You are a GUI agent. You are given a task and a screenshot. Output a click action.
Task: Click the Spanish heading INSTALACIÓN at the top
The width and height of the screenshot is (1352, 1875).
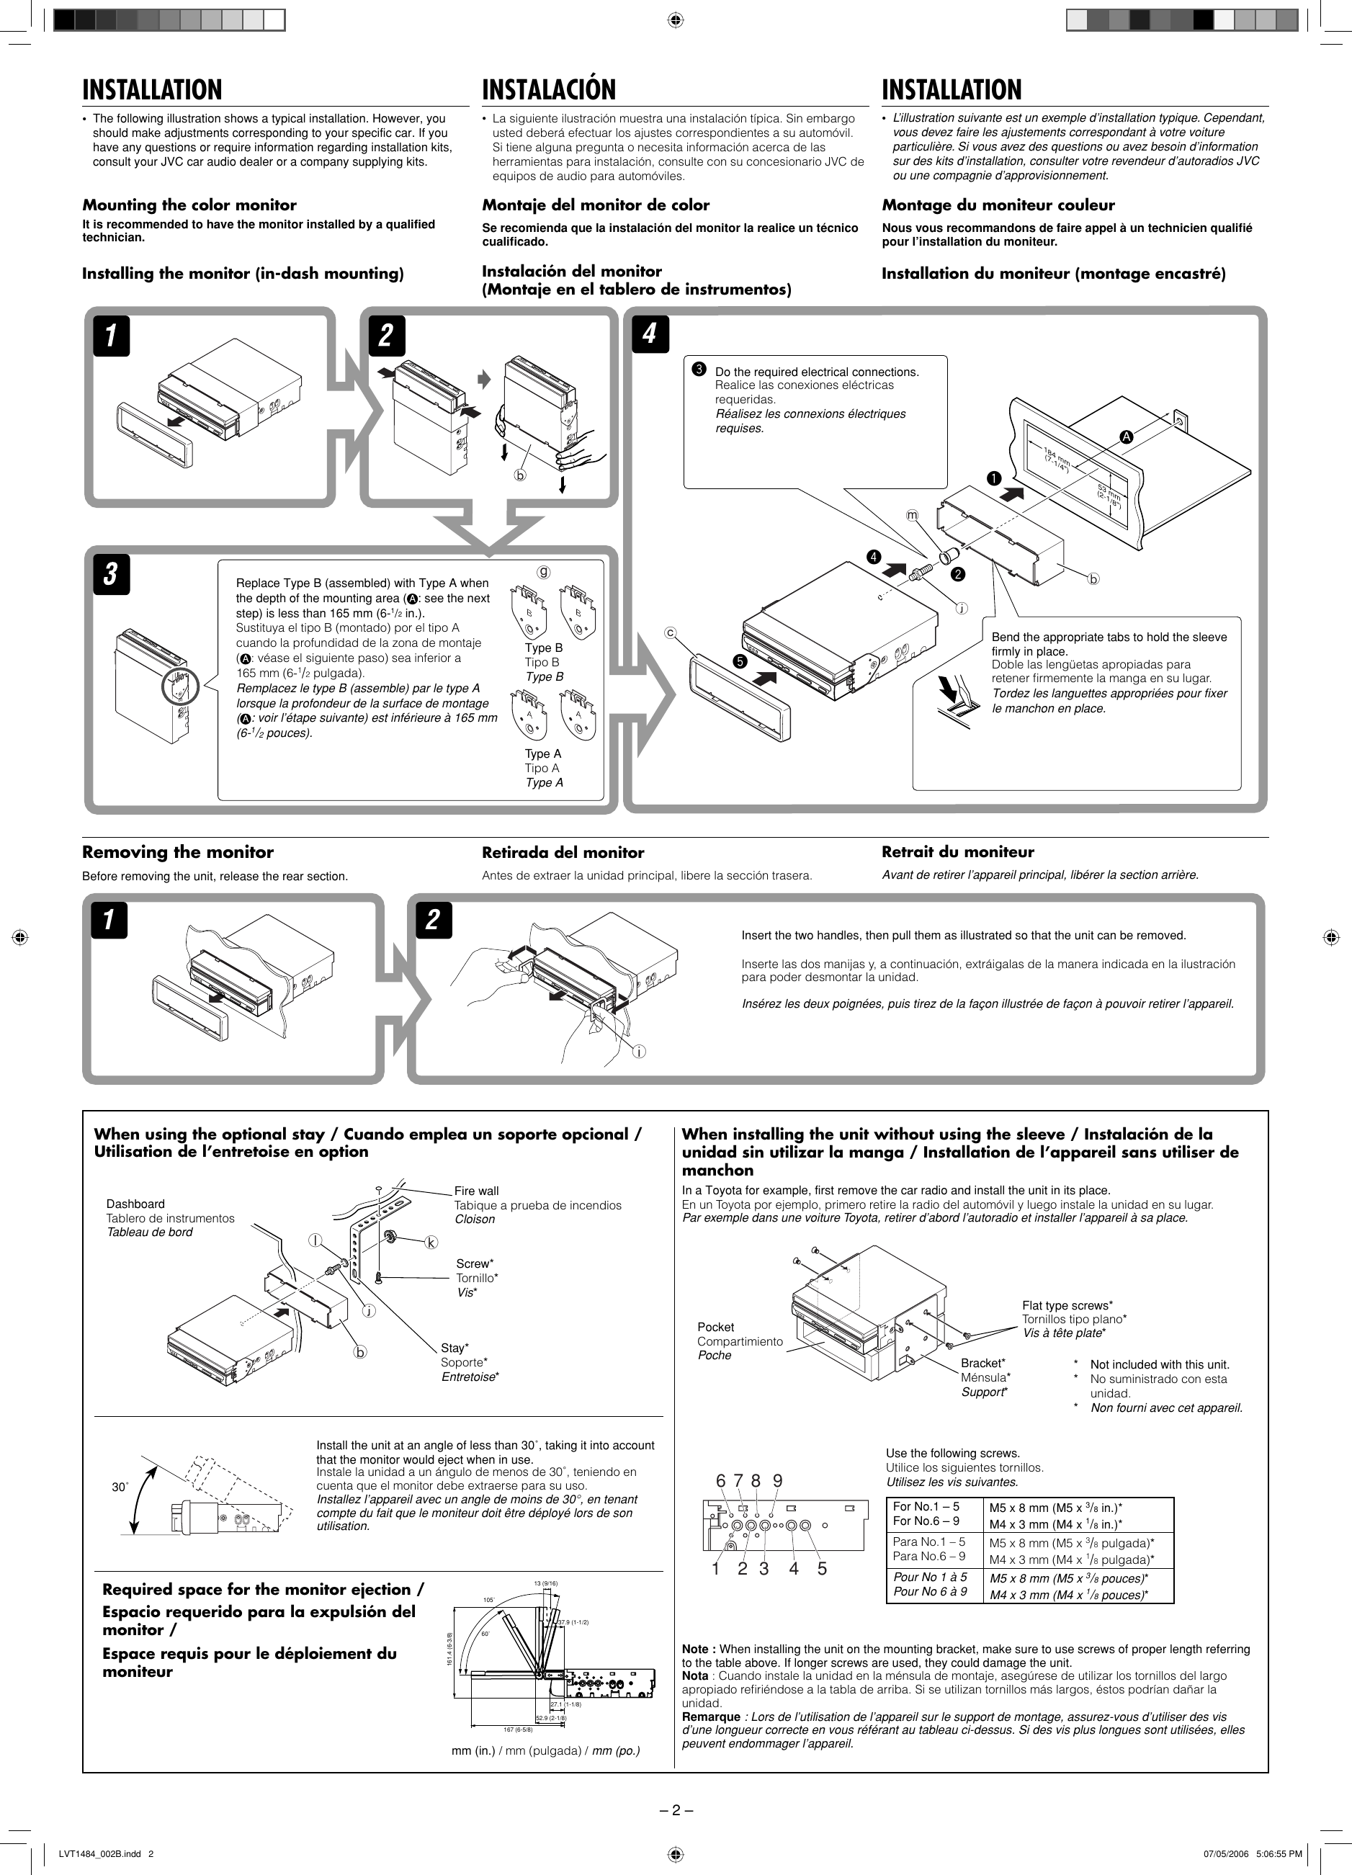pos(549,89)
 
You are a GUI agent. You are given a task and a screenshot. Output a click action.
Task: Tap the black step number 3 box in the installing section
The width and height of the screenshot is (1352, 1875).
pos(111,576)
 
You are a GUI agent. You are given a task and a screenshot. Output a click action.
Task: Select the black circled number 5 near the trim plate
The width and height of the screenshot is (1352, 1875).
pos(739,661)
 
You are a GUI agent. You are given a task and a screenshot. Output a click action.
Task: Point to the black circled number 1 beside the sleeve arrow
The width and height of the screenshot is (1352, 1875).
pos(993,478)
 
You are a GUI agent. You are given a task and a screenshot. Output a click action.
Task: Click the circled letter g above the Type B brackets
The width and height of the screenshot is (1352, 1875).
pos(543,571)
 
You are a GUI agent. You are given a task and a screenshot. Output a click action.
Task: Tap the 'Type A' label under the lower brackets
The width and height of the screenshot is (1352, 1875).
pos(542,753)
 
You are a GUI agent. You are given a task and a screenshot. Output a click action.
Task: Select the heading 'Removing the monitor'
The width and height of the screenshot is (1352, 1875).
pos(177,851)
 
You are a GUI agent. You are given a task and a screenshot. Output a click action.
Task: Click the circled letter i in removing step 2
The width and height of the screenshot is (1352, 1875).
pos(639,1052)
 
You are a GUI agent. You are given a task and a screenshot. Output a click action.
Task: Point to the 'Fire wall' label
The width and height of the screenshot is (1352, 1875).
pos(476,1191)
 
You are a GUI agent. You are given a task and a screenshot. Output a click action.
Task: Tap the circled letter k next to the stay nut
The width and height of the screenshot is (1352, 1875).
pos(431,1243)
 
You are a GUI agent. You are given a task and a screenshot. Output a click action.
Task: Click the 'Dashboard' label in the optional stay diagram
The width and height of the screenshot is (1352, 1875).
pos(135,1204)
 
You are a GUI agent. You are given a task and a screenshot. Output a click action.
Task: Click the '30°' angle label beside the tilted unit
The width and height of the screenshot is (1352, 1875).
pos(120,1487)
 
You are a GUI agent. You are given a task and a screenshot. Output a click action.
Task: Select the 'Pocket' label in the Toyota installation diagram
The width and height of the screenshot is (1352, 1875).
pos(715,1327)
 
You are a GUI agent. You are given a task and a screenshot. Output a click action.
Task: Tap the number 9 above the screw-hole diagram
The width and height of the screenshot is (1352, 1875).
pos(777,1482)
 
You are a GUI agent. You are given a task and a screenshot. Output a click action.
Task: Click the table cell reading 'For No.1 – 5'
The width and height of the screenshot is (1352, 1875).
pos(926,1506)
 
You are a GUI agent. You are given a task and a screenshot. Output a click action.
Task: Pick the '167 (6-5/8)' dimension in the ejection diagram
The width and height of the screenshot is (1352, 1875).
pos(518,1729)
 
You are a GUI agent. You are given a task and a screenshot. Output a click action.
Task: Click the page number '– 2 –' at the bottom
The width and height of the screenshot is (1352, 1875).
pos(676,1810)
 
